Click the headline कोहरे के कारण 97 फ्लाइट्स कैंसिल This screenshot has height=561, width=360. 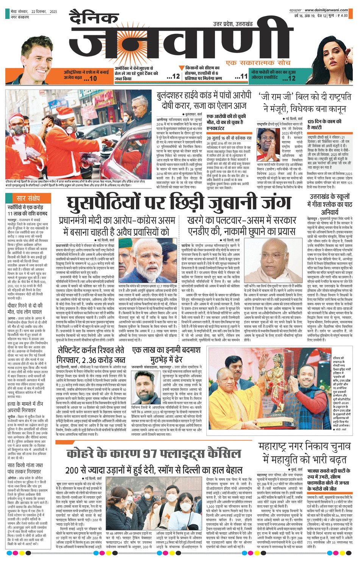click(x=153, y=453)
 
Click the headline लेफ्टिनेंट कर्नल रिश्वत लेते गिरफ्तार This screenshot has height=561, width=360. click(x=91, y=354)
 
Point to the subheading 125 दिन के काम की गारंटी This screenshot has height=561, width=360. click(x=325, y=124)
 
